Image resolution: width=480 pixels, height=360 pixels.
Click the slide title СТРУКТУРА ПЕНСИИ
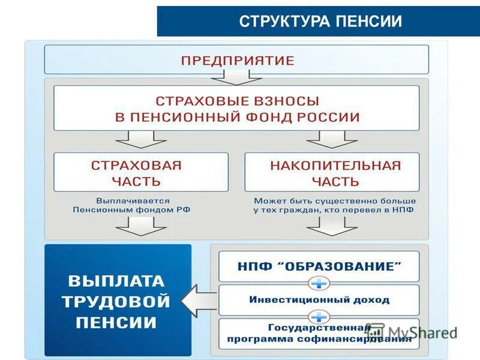pos(320,22)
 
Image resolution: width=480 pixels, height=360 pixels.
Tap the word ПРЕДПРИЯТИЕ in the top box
pos(238,61)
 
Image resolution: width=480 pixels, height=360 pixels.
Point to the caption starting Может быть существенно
pos(335,205)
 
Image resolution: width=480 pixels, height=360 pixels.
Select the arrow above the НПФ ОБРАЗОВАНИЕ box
pos(332,226)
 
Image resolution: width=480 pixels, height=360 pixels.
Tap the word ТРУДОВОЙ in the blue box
pos(115,302)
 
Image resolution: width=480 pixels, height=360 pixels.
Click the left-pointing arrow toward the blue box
pos(198,301)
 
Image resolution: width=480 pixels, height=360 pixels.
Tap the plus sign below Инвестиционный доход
pos(319,316)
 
